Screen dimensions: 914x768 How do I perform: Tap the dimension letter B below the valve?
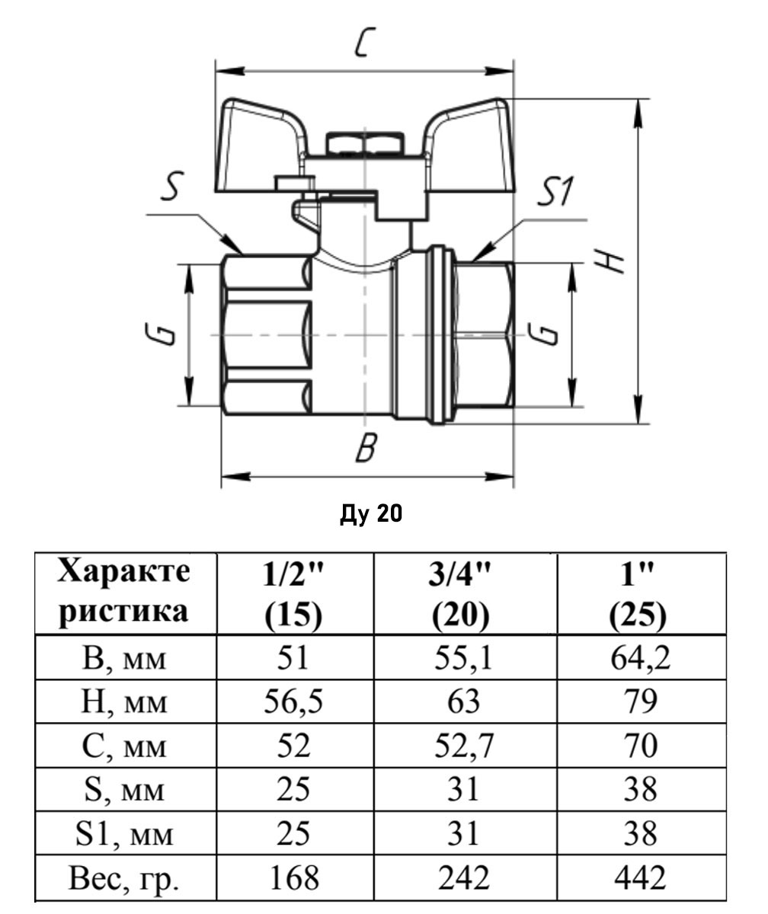point(366,449)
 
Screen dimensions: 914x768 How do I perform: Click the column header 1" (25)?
point(638,595)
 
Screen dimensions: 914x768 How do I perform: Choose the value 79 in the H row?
point(638,701)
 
